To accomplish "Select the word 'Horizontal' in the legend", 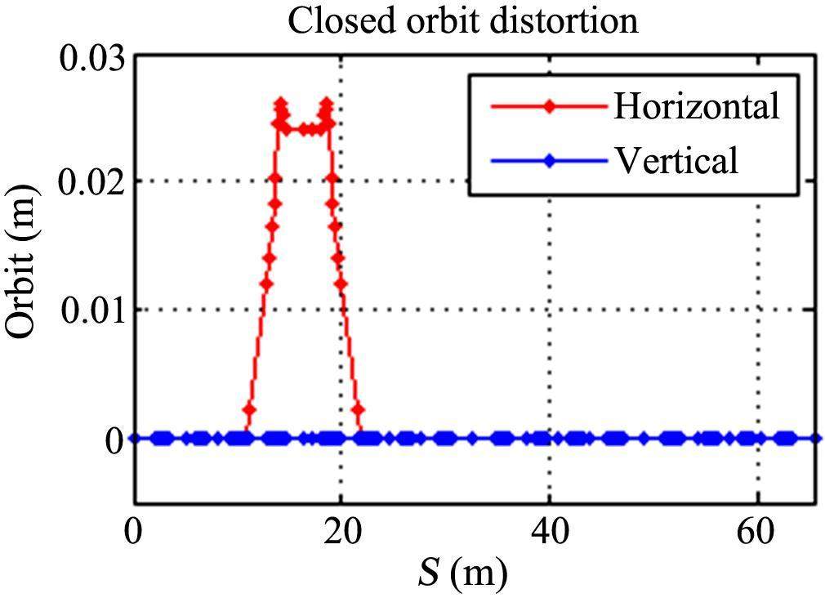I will point(696,106).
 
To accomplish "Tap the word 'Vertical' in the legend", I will point(676,161).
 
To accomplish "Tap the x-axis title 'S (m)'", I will point(463,573).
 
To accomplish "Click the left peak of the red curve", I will point(281,104).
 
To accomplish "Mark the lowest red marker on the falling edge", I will point(358,409).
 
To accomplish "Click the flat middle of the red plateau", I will point(304,129).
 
